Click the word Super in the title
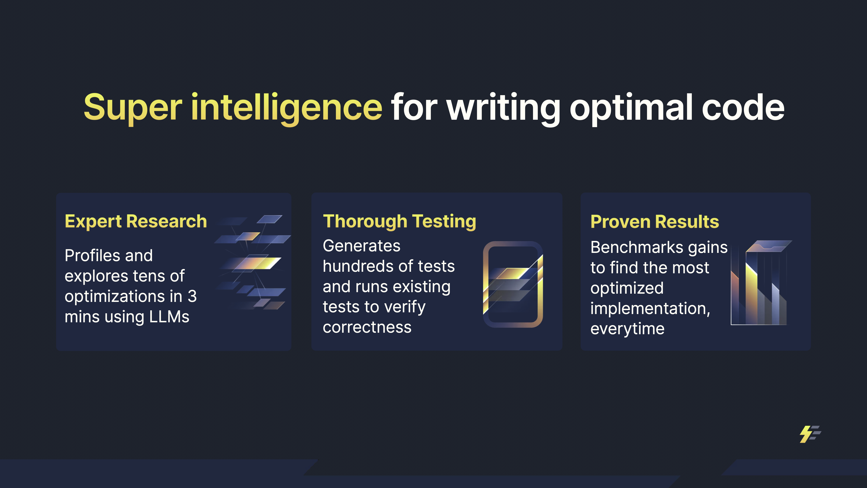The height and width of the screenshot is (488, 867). (x=133, y=107)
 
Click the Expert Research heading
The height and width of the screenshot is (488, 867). (x=136, y=222)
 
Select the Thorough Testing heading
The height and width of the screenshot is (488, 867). (x=399, y=222)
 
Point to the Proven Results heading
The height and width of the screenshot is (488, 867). (x=655, y=222)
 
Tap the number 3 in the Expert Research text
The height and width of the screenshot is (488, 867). (x=192, y=296)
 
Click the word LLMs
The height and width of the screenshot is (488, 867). (x=169, y=317)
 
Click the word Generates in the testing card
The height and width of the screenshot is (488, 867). (x=362, y=246)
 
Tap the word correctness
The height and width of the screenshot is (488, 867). (x=367, y=327)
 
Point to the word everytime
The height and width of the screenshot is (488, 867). (x=627, y=329)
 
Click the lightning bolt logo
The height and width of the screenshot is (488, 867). (x=810, y=434)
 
